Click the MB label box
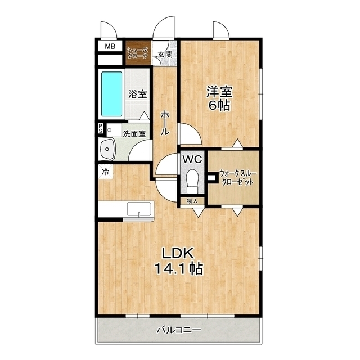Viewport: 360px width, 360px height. pos(110,47)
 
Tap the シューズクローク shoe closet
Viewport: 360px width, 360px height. pos(138,53)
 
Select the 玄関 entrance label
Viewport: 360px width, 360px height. pos(165,55)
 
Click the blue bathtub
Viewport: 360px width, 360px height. pos(112,94)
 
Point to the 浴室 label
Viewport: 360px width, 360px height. pos(137,94)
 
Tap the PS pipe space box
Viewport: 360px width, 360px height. pos(101,129)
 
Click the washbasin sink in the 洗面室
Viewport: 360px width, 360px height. pos(106,148)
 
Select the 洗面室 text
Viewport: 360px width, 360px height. pos(134,134)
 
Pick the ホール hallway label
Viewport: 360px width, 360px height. pos(165,123)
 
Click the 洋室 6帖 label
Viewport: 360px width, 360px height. pos(219,98)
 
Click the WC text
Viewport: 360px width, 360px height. pos(192,159)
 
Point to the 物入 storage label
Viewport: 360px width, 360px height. pos(192,201)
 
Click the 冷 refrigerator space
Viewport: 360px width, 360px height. pos(106,172)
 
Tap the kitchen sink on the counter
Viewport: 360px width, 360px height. pos(139,209)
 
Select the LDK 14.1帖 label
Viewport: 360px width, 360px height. pos(179,261)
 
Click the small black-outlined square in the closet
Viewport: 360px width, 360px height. pos(212,178)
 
